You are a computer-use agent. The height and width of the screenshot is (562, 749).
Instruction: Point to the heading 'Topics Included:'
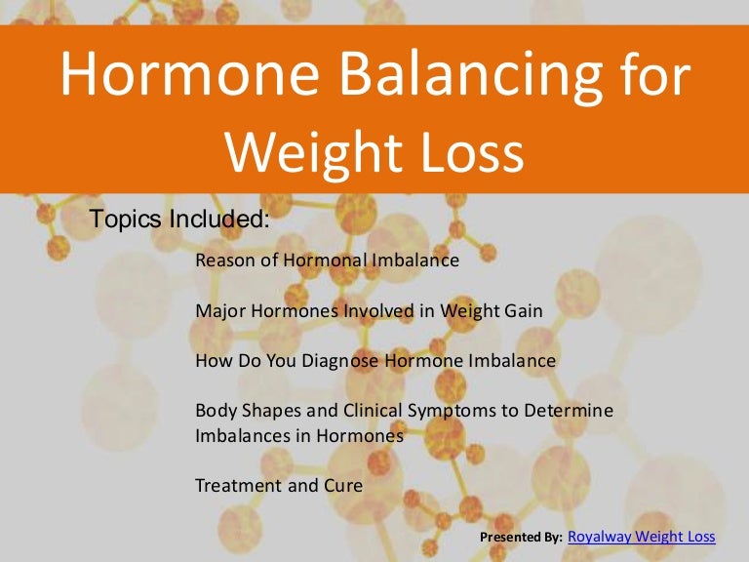(179, 219)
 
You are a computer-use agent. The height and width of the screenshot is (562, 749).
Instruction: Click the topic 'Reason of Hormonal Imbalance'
(327, 261)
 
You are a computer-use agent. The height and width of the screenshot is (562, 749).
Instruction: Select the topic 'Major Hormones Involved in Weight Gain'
(369, 310)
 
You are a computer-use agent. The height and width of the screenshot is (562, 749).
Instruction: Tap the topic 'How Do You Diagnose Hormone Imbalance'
(375, 360)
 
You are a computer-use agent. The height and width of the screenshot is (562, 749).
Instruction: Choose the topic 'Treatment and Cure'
(279, 484)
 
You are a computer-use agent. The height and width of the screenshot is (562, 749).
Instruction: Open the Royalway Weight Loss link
(641, 536)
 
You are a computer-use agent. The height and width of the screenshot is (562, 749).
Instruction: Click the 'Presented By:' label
(521, 538)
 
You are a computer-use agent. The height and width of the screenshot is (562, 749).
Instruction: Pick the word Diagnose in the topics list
(341, 360)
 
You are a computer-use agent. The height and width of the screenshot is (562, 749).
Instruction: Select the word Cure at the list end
(342, 484)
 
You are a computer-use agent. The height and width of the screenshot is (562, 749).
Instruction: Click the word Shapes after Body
(261, 411)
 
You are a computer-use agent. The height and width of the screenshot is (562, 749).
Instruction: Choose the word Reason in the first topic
(221, 261)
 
